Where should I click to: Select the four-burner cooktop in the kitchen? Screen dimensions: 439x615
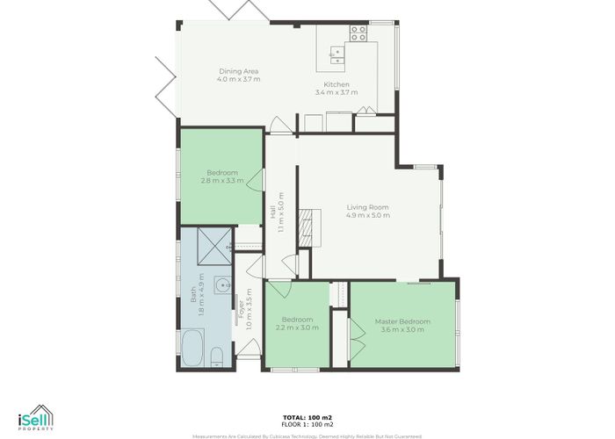pyautogui.click(x=358, y=34)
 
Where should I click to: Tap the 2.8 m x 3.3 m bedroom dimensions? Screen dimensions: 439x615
pyautogui.click(x=221, y=181)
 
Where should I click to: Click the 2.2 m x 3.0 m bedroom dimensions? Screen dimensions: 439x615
pyautogui.click(x=298, y=327)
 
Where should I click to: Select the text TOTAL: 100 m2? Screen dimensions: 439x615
pyautogui.click(x=307, y=418)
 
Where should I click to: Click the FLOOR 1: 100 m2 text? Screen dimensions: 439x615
pyautogui.click(x=307, y=425)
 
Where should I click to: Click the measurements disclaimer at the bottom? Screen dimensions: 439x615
pyautogui.click(x=307, y=435)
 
